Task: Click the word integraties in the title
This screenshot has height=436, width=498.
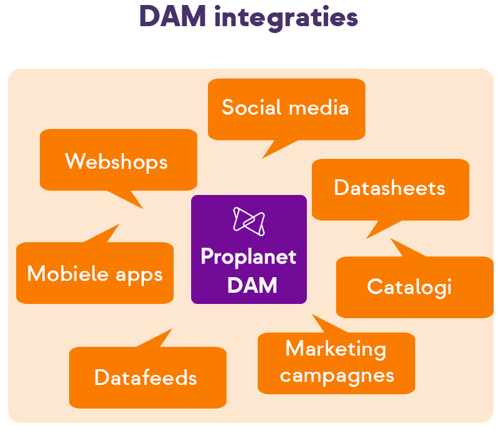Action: click(x=286, y=17)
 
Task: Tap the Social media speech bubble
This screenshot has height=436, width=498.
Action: click(x=286, y=108)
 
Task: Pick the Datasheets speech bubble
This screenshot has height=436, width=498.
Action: click(x=390, y=188)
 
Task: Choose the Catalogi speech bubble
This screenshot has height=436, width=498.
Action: click(x=409, y=287)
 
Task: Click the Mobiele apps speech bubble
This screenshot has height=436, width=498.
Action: click(x=95, y=273)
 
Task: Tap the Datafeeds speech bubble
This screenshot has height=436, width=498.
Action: click(x=146, y=377)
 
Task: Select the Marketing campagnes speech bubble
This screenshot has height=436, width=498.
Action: click(x=336, y=363)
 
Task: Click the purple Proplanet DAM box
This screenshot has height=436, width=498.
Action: click(x=249, y=249)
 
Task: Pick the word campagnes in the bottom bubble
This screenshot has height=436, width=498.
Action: click(x=336, y=376)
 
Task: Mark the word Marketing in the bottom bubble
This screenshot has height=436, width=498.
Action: click(x=336, y=349)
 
